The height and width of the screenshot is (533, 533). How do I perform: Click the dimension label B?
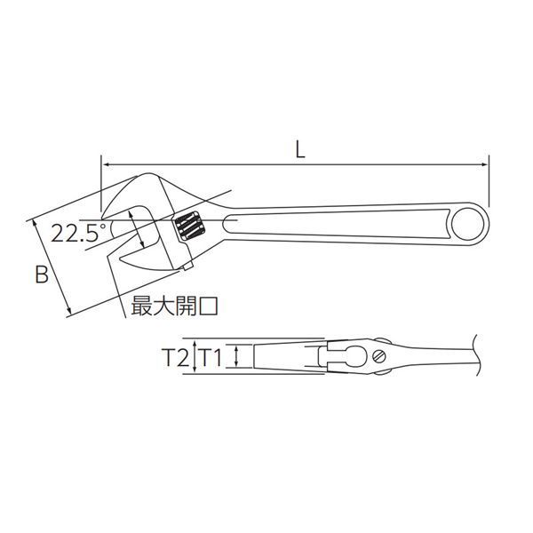[x=42, y=274]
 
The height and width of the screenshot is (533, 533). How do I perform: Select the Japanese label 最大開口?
[x=175, y=306]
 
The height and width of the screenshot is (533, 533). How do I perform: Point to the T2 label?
[x=175, y=358]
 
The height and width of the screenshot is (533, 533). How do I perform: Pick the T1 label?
[x=211, y=358]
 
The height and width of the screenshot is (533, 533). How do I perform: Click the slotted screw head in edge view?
[x=381, y=357]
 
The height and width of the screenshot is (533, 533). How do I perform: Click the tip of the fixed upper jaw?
[x=104, y=216]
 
